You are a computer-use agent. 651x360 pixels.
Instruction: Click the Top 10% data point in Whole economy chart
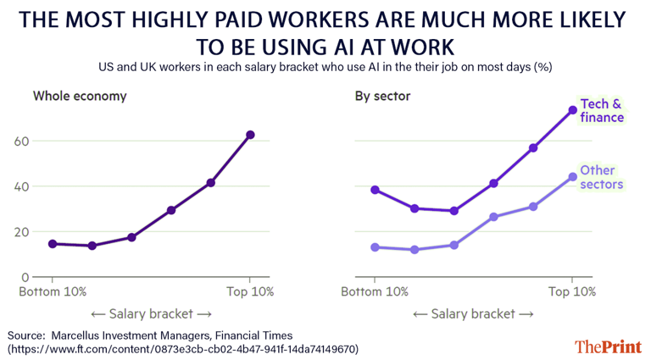pos(250,135)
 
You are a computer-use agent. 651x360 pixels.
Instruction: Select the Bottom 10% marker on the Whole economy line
pos(53,244)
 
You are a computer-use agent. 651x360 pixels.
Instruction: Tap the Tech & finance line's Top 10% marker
pos(573,110)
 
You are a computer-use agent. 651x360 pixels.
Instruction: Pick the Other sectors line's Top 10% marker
pos(573,177)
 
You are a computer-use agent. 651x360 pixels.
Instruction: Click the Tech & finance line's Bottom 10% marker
pos(375,190)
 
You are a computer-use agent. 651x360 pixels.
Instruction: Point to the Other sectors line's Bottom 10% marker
pos(375,247)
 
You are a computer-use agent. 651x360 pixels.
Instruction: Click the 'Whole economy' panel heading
pos(80,96)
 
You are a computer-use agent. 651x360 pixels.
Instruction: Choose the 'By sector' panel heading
pos(382,96)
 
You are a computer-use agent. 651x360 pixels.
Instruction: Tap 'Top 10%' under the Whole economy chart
pos(250,291)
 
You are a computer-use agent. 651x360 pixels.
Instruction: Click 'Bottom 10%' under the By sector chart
pos(375,291)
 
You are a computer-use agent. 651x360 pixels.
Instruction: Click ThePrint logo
pos(608,346)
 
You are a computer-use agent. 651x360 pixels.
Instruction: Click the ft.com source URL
pos(183,348)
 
